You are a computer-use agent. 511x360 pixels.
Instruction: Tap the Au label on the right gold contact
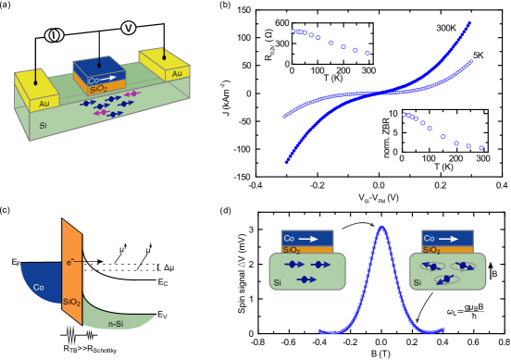[x=177, y=73]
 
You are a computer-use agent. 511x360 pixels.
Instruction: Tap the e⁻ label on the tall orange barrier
[x=69, y=263]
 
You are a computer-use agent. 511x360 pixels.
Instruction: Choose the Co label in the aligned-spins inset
[x=289, y=238]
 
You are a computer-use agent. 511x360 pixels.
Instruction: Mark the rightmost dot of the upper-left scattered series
[x=367, y=53]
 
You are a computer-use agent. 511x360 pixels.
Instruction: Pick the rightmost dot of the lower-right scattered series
[x=481, y=147]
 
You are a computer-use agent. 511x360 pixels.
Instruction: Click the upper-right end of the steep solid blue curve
[x=470, y=23]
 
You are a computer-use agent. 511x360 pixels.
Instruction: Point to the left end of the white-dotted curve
[x=285, y=117]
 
